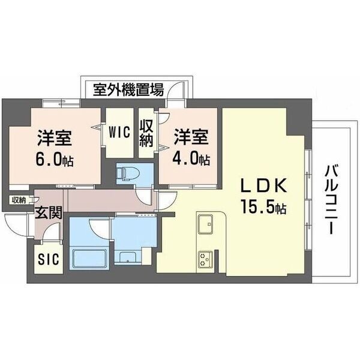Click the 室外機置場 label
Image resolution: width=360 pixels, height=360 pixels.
[x=128, y=91]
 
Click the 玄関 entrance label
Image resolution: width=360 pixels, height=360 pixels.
[x=46, y=214]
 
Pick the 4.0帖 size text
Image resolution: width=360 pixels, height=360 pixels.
[x=192, y=160]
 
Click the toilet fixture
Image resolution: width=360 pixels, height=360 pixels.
[x=126, y=174]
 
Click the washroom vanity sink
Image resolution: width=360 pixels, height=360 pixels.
[x=128, y=259]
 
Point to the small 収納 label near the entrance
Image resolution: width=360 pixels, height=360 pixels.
[x=18, y=200]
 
